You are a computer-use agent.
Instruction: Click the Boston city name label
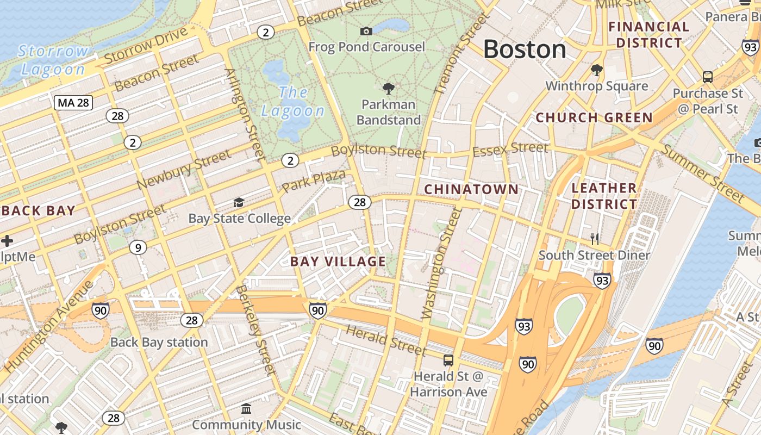pos(525,49)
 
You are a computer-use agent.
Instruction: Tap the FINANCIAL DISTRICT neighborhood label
pos(648,35)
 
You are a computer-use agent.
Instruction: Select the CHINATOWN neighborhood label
pos(471,189)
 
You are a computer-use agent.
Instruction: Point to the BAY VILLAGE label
pos(338,262)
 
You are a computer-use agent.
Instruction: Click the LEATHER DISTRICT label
pos(604,196)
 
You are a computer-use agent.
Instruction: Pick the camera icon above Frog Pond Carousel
pos(366,32)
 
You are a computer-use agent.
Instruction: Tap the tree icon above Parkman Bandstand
pos(388,88)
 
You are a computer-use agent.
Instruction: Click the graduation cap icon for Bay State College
pos(239,203)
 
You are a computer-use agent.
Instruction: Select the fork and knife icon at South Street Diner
pos(595,239)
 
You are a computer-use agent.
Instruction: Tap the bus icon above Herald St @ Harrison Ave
pos(448,360)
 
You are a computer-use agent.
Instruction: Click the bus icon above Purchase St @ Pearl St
pos(708,77)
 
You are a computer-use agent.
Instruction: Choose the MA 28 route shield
pos(73,103)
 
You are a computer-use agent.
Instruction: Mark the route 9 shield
pos(138,248)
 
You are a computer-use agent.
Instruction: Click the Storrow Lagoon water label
pos(53,60)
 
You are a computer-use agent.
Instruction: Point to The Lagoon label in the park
pos(293,102)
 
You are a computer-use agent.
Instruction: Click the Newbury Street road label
pos(184,170)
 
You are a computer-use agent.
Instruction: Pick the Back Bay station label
pos(159,342)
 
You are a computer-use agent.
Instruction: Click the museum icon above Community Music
pos(246,408)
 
